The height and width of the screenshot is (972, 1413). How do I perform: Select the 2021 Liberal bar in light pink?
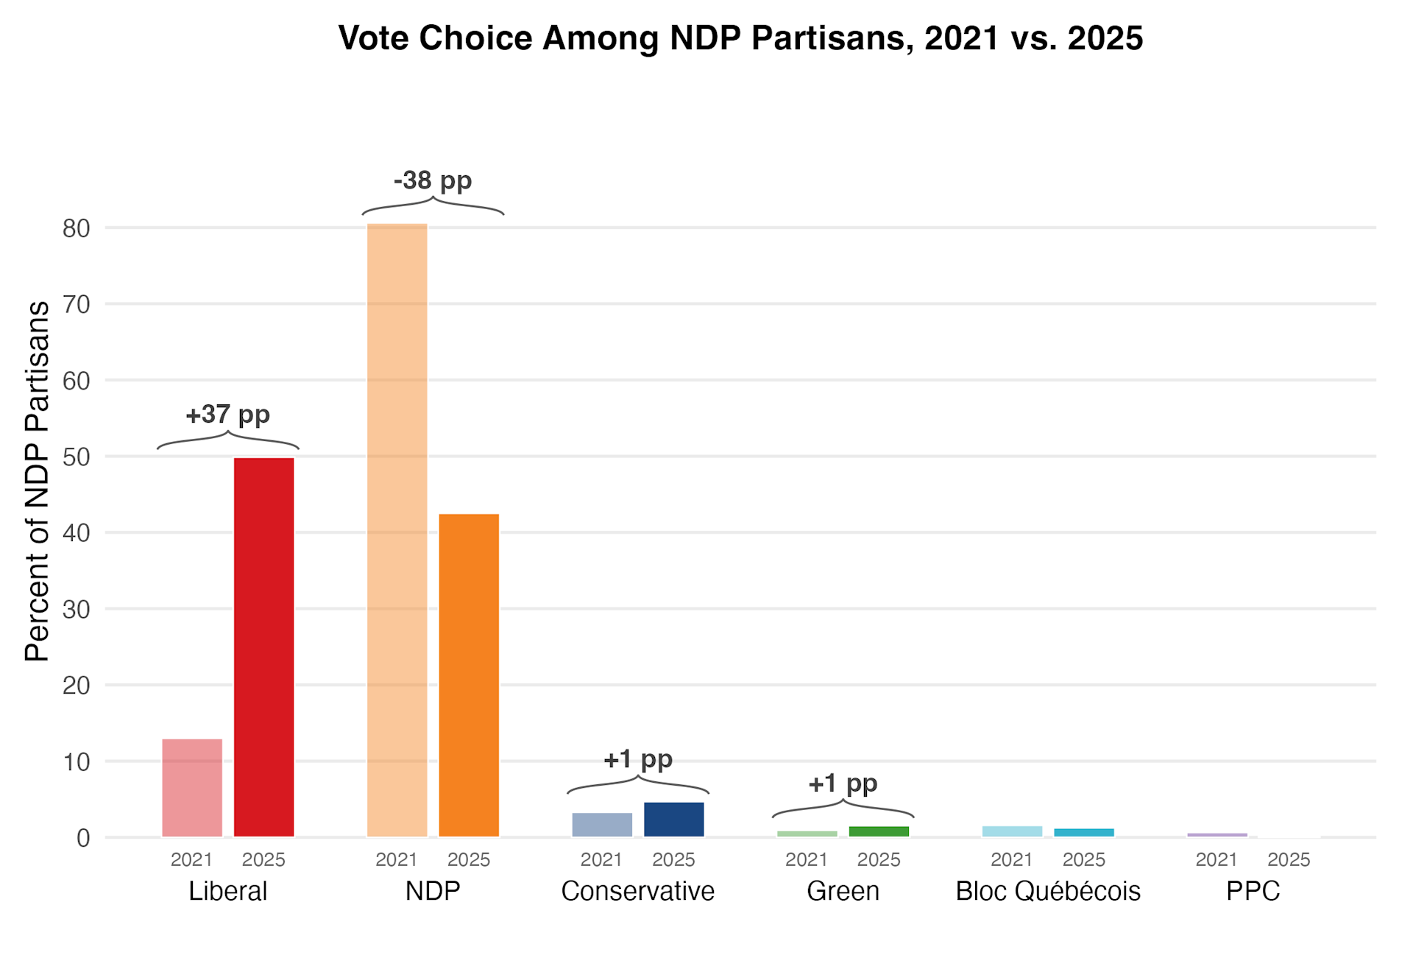point(192,787)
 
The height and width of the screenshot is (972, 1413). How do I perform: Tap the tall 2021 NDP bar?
point(397,530)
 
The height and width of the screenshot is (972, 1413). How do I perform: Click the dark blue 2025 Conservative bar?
point(673,819)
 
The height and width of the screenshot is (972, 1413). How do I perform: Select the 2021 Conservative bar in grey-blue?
point(602,824)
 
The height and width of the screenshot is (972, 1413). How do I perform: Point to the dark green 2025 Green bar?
point(879,831)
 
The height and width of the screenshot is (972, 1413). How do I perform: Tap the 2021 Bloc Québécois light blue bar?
point(1012,831)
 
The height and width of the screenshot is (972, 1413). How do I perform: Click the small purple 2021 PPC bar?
point(1217,835)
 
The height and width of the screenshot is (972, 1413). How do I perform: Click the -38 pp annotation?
point(433,180)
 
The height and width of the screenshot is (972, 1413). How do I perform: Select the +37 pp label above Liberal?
point(227,415)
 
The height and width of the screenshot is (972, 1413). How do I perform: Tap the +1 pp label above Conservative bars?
point(637,759)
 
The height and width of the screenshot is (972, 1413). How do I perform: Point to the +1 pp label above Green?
point(843,783)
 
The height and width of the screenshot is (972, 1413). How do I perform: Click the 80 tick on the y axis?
point(76,228)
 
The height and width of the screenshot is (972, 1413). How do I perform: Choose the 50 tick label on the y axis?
point(76,457)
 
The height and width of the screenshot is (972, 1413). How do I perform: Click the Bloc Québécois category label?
point(1047,891)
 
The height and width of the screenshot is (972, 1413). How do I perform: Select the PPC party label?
point(1253,891)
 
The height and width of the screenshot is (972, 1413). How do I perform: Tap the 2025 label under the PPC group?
point(1289,859)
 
